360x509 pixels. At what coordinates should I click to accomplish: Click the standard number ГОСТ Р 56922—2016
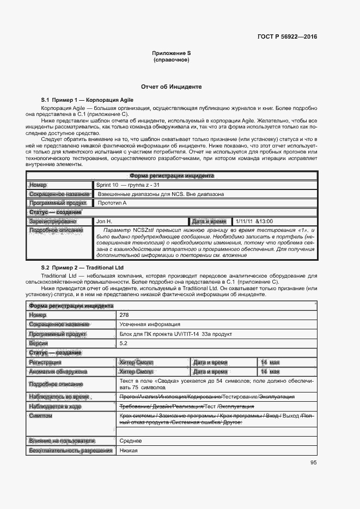point(288,37)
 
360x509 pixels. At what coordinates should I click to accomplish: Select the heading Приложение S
point(172,53)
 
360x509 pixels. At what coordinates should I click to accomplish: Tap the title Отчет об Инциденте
point(172,87)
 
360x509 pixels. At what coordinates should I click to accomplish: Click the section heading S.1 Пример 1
point(87,101)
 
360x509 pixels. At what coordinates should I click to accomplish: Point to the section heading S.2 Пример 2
point(82,268)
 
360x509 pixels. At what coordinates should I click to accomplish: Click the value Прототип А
point(112,203)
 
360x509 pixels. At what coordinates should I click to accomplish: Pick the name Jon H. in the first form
point(104,222)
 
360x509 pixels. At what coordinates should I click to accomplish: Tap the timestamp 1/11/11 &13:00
point(254,222)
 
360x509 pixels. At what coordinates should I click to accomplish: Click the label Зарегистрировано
point(53,222)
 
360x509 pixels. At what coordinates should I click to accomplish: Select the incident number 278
point(124,315)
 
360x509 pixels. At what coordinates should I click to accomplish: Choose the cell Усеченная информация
point(142,324)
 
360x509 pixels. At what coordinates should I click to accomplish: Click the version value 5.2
point(123,344)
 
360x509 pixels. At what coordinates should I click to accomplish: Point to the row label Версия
point(39,344)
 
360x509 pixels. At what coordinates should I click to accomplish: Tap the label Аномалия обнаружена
point(58,372)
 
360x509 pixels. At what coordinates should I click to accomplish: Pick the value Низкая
point(128,451)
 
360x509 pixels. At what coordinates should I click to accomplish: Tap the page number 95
point(314,463)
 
